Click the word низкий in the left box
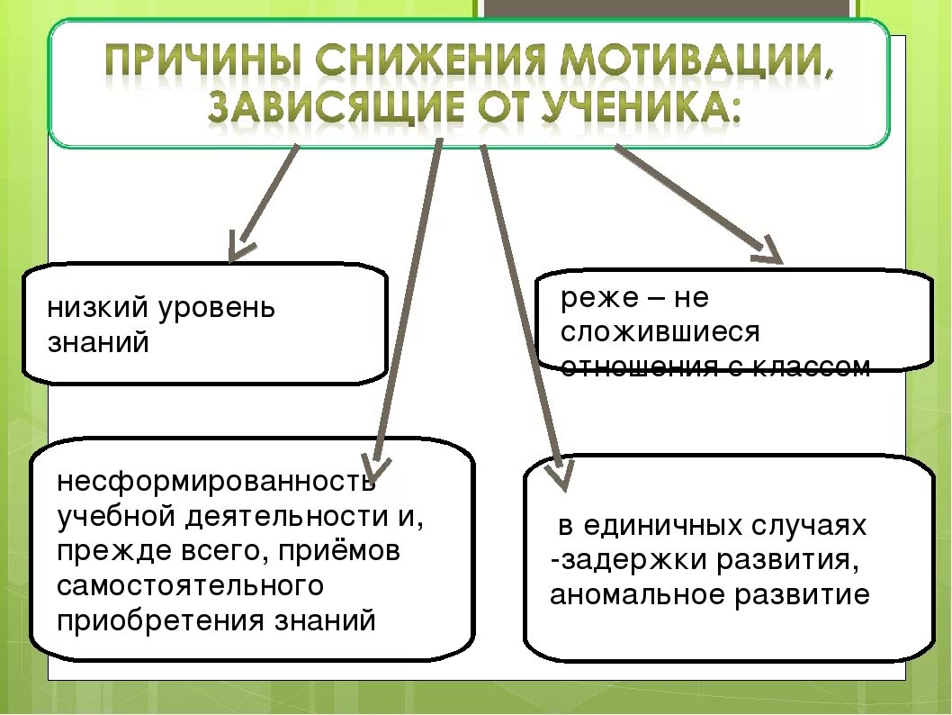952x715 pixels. [98, 308]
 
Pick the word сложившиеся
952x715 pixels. [660, 331]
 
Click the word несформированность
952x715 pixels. [216, 482]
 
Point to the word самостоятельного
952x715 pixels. [190, 585]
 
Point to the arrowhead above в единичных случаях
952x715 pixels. [561, 475]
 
